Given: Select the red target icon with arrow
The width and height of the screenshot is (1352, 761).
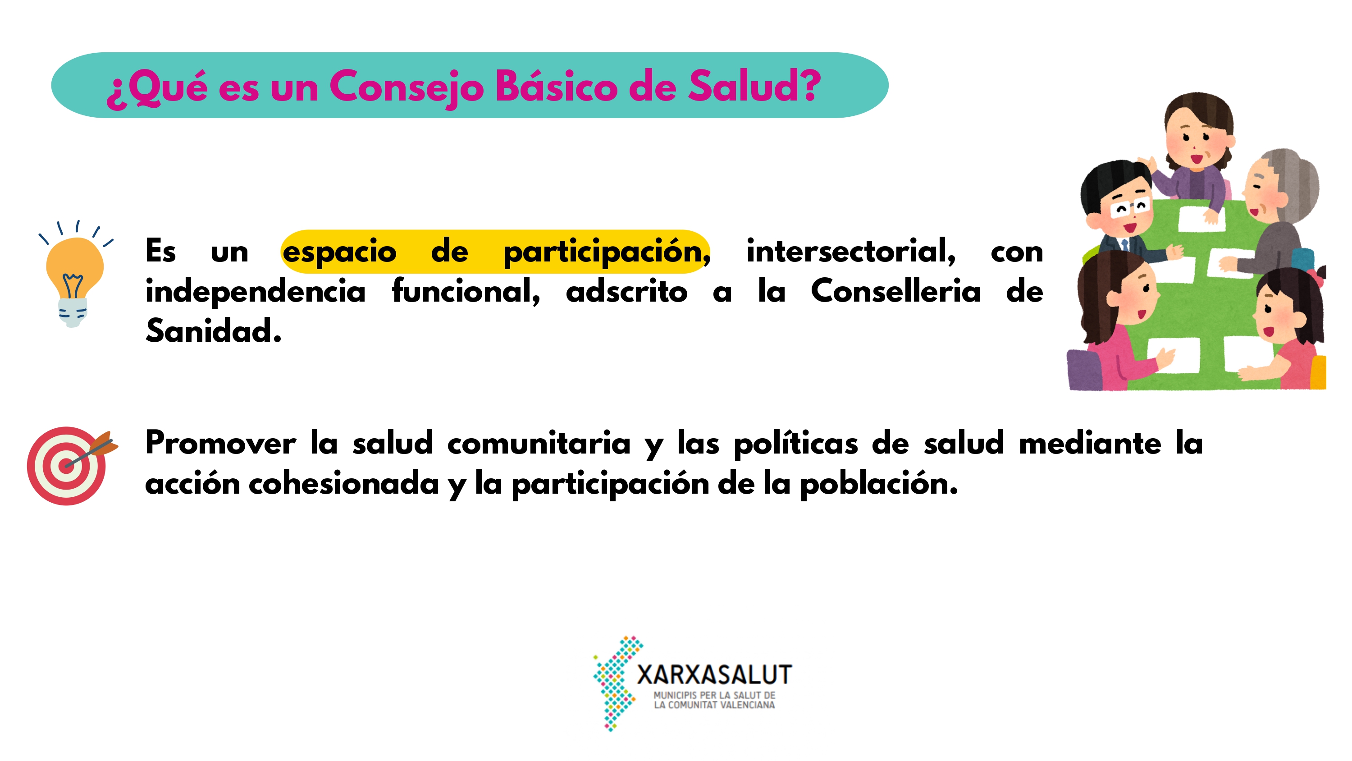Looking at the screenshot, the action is (x=72, y=465).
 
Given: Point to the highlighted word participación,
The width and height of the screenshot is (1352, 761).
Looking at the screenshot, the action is (x=607, y=252).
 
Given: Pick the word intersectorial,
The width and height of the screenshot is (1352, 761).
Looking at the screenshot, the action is (x=851, y=251).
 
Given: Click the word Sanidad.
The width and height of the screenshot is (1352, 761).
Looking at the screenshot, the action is (x=213, y=331).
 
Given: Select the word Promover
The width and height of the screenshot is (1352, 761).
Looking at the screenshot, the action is (x=220, y=443).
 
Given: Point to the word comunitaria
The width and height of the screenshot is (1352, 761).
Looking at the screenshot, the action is (x=539, y=443).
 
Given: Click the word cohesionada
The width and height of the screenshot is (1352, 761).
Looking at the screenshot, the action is (x=344, y=483).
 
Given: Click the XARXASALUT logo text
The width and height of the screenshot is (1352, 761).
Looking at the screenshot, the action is (x=714, y=675).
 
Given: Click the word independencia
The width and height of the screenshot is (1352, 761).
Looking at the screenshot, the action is (x=256, y=292).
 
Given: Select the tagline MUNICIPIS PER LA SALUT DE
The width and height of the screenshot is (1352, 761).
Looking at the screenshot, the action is (x=714, y=695).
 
